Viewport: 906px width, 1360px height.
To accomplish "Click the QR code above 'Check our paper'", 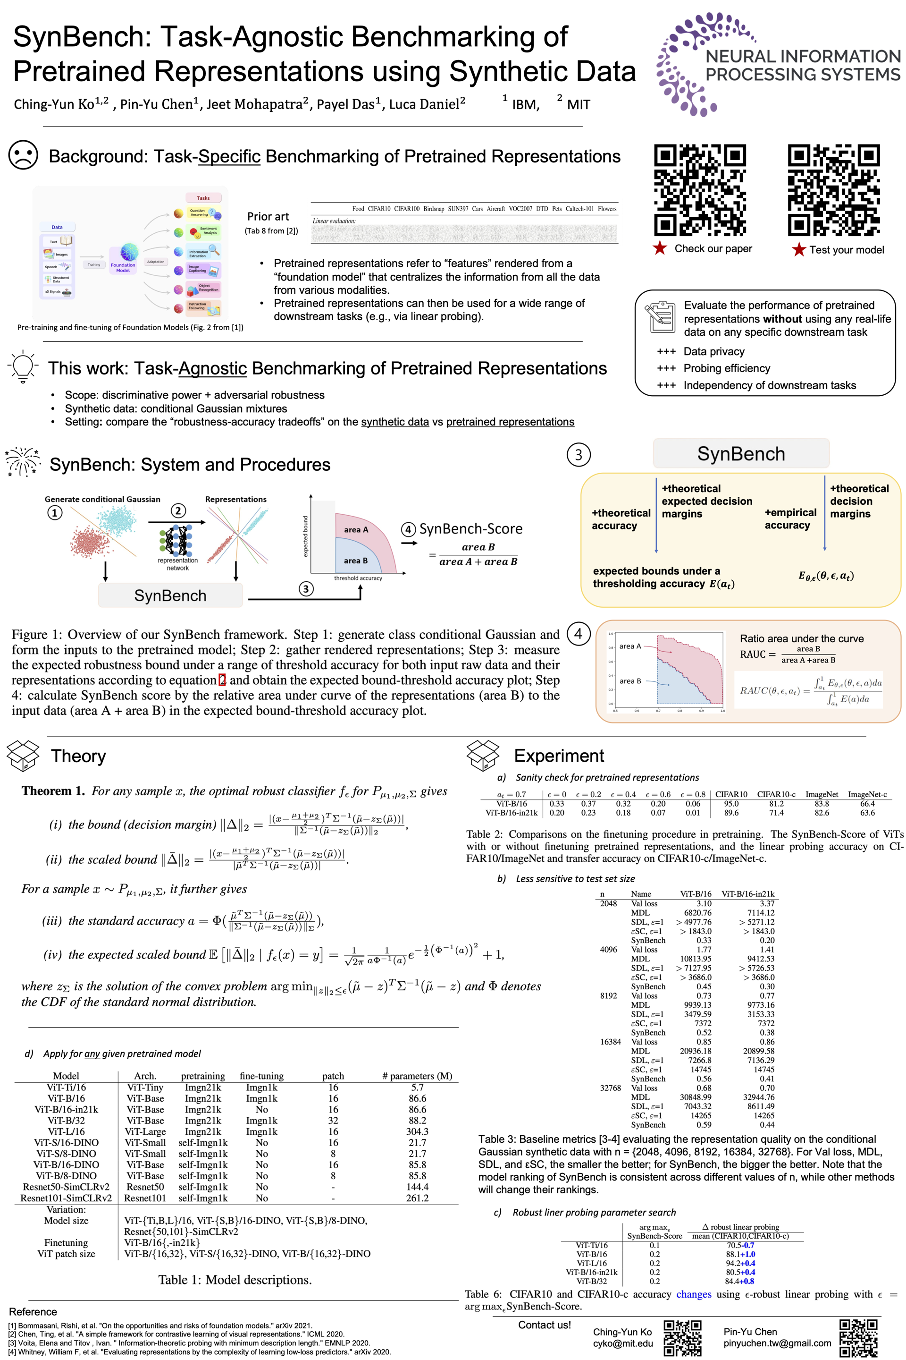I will [700, 190].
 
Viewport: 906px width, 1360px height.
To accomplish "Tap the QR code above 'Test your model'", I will [834, 190].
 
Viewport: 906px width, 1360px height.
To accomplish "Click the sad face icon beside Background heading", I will [23, 155].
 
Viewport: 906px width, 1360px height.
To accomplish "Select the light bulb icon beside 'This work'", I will [23, 366].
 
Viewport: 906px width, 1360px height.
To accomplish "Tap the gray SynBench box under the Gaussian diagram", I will [170, 595].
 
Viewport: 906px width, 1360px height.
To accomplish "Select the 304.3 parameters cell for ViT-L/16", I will [417, 1131].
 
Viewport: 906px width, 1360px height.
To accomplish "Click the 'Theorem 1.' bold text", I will [53, 791].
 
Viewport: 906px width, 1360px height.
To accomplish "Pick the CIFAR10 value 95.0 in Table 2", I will [731, 804].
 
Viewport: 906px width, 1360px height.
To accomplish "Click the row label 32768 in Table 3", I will [610, 1088].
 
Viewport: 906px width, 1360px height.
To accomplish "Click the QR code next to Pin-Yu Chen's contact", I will [858, 1337].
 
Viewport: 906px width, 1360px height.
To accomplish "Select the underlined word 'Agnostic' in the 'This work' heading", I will [213, 368].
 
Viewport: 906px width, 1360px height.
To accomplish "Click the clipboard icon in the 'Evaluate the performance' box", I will [660, 317].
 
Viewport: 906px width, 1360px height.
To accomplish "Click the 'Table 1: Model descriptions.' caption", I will [235, 1280].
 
